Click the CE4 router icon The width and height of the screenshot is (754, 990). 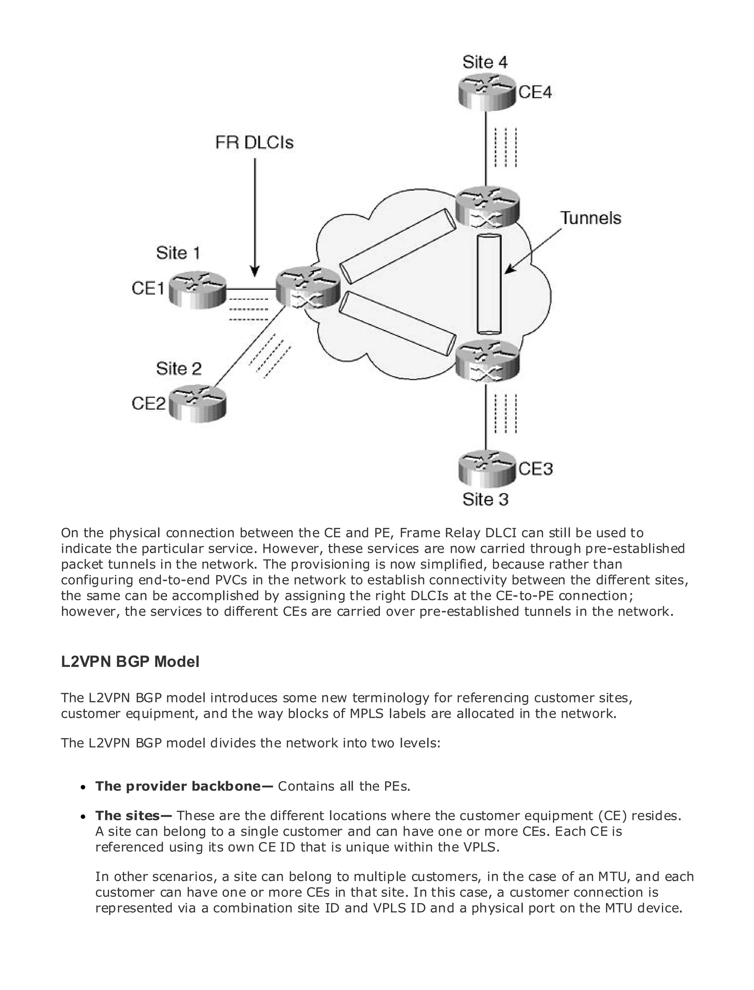coord(486,92)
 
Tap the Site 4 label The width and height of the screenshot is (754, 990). coord(485,62)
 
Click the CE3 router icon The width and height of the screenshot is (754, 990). coord(486,469)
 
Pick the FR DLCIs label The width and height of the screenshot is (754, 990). coord(254,143)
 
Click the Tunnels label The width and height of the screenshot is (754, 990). coord(591,218)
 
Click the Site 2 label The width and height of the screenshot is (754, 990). coord(179,369)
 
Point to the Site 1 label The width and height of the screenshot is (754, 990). coord(178,253)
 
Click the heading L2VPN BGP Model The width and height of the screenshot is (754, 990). coord(130,662)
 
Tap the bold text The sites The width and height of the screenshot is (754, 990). coord(133,815)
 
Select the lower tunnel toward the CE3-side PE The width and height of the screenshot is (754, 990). coord(395,323)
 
